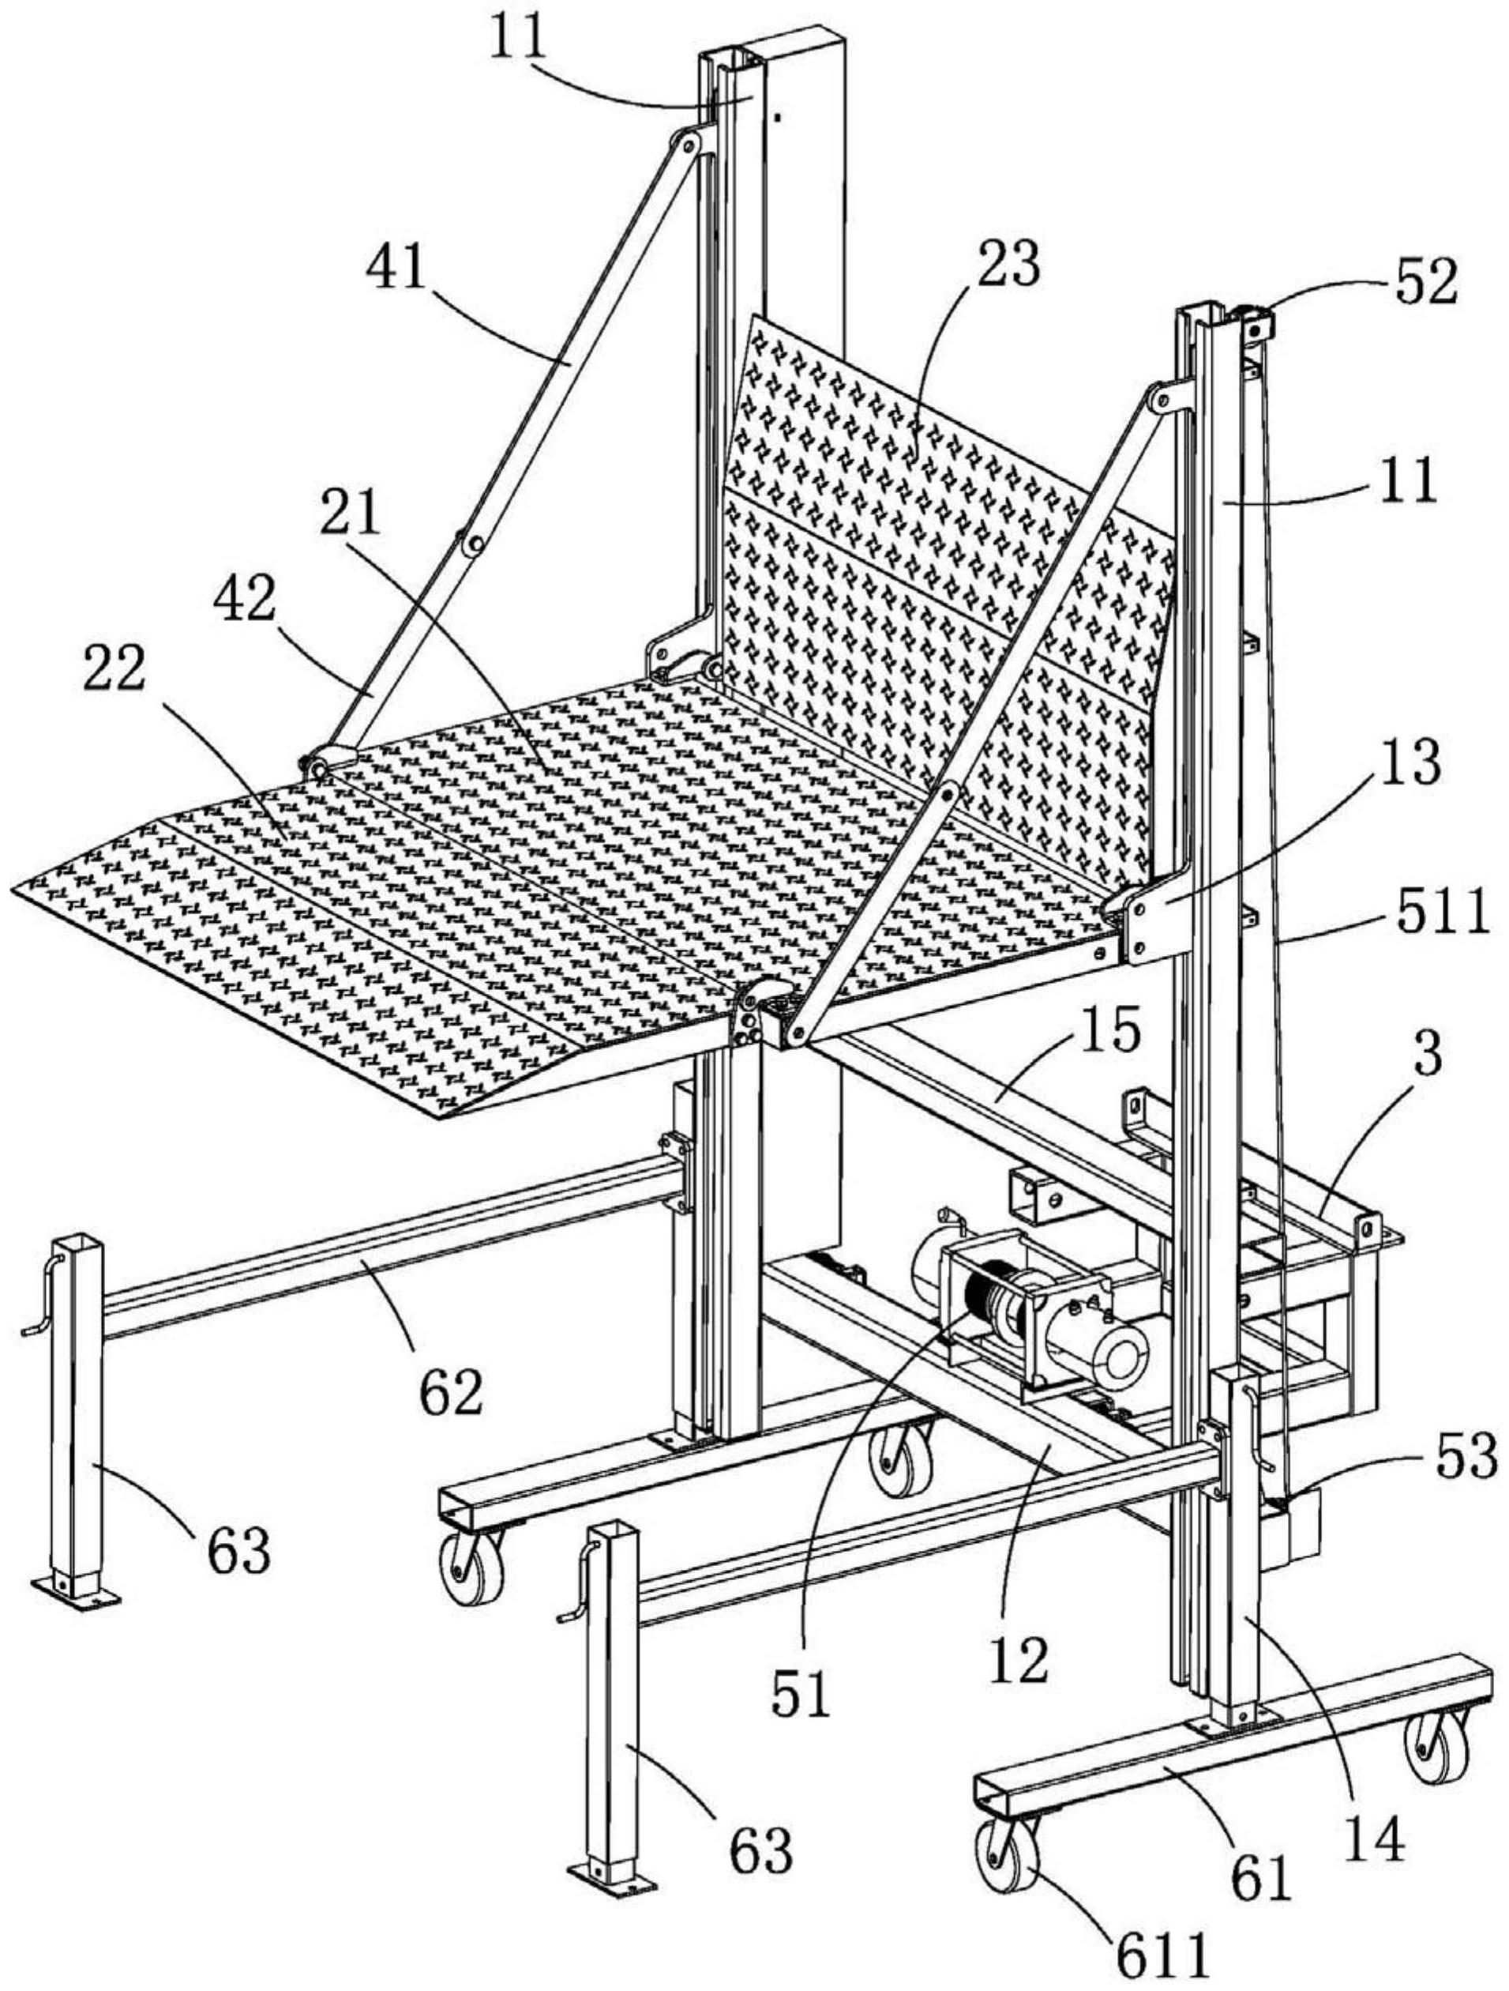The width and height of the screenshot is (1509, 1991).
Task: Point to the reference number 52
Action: [x=1425, y=282]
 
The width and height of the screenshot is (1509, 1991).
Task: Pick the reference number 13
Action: [x=1410, y=762]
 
